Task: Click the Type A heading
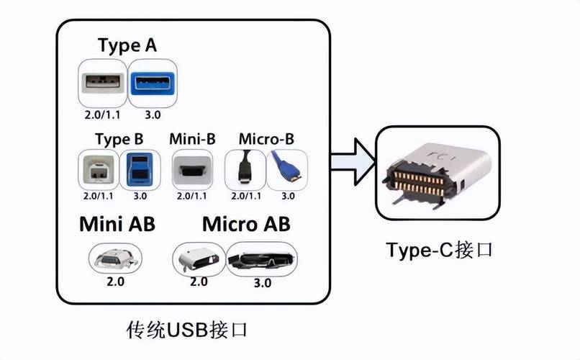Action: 127,45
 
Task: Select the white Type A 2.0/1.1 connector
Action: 102,83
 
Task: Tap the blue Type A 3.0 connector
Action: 153,83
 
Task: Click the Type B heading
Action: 119,138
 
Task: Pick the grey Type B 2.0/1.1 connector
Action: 99,169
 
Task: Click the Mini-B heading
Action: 192,138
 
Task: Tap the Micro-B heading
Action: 266,138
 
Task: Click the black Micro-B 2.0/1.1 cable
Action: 245,169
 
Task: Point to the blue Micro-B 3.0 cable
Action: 287,169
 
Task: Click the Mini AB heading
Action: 117,225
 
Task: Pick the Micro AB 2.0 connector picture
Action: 199,258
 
